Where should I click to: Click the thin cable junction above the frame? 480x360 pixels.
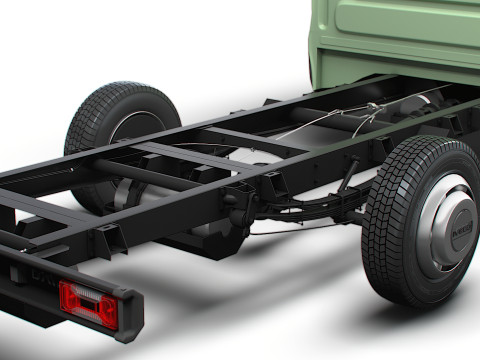(371, 108)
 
